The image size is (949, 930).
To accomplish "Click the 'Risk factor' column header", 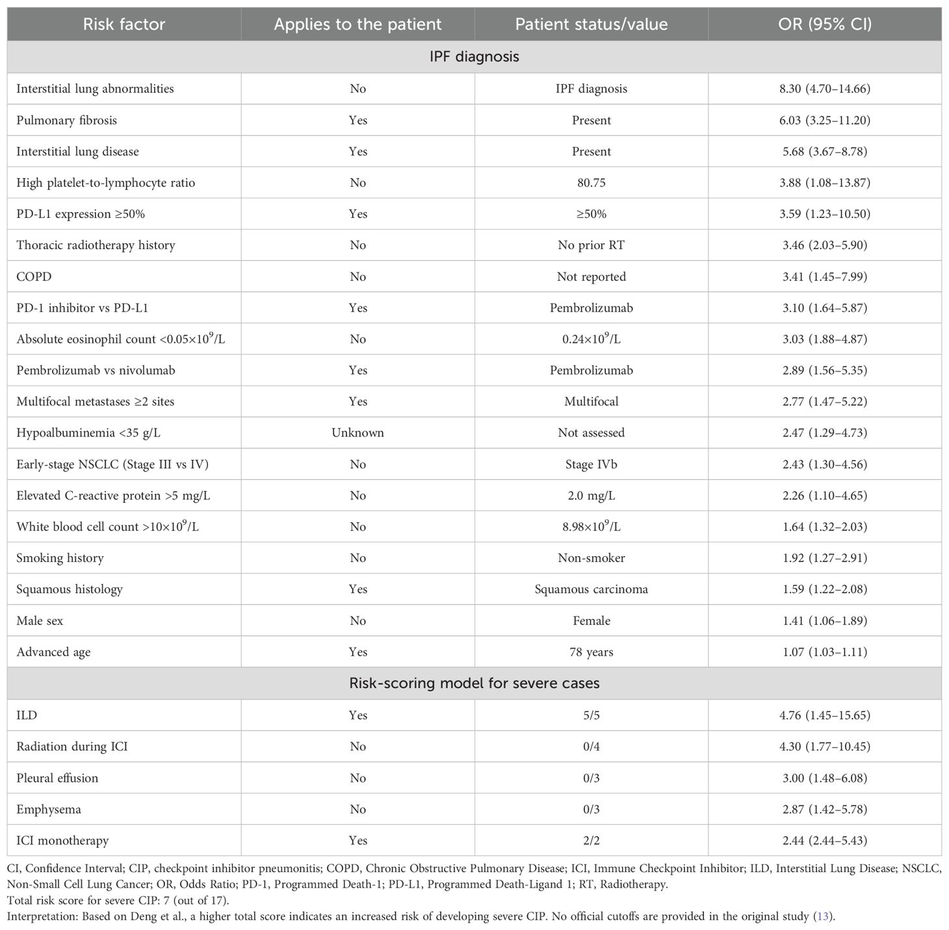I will (x=123, y=25).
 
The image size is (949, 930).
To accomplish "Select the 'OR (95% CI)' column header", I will (x=825, y=25).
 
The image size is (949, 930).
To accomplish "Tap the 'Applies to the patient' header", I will (x=357, y=25).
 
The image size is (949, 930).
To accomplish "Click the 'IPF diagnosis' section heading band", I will (x=474, y=57).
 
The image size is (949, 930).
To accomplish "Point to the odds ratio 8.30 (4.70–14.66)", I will (x=825, y=88).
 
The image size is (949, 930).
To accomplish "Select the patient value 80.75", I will (x=591, y=183).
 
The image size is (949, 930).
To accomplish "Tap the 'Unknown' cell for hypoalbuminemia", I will (x=357, y=432).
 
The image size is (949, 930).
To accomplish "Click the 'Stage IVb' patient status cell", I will (x=591, y=464).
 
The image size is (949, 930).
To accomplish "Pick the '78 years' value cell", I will (x=591, y=652).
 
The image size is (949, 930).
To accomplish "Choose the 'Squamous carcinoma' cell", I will (x=591, y=589).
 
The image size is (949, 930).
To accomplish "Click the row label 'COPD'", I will (x=34, y=276).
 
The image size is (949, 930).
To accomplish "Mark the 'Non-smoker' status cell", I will (x=591, y=558).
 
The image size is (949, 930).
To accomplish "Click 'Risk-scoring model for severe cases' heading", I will (x=474, y=684).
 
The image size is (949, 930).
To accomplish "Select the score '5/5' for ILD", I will (x=591, y=715).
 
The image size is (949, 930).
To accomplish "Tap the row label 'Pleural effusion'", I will (x=57, y=778).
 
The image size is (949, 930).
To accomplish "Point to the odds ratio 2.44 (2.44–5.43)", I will (x=825, y=840).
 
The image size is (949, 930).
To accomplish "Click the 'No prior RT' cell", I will (x=591, y=245).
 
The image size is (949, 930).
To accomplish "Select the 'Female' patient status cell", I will (x=591, y=620).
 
